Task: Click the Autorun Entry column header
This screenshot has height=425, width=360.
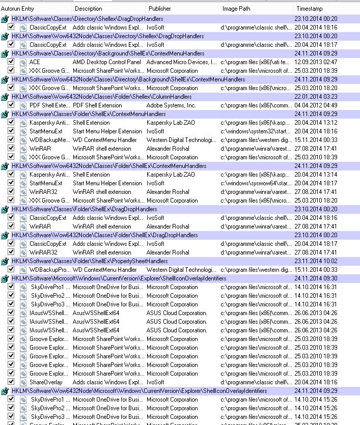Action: point(17,9)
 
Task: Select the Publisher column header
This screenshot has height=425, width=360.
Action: point(159,9)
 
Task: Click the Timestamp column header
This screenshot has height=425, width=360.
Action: point(310,9)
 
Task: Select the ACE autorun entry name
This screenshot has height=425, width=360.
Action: point(35,62)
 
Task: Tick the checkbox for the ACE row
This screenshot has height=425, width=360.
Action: point(11,62)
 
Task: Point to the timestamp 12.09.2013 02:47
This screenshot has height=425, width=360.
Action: point(316,62)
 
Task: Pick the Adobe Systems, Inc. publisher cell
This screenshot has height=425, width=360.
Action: point(171,105)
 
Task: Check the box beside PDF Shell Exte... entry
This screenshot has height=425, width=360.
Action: point(11,105)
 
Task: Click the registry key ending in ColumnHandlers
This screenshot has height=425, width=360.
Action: point(102,97)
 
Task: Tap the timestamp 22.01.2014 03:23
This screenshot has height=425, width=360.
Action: point(316,97)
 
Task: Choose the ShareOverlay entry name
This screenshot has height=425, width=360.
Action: point(46,382)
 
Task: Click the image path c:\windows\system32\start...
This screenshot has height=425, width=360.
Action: point(256,131)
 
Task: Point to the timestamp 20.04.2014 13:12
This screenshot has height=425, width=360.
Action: point(316,123)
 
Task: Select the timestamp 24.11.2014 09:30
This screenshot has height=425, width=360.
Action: point(316,278)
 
